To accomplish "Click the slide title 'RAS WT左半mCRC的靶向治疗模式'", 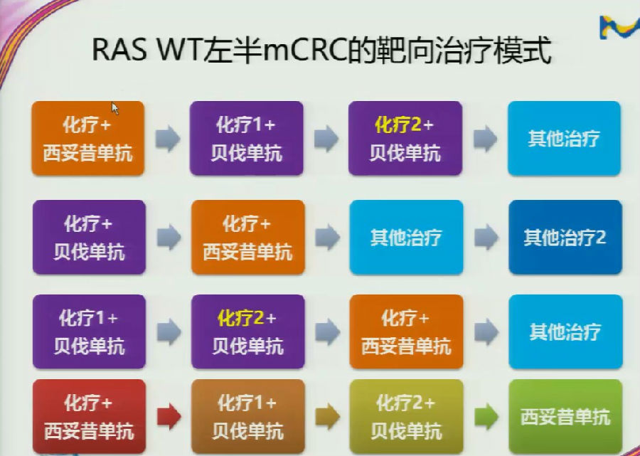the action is pyautogui.click(x=321, y=51).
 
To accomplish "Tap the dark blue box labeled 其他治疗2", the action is pyautogui.click(x=565, y=237).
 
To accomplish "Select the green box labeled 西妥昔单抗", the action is pyautogui.click(x=566, y=416).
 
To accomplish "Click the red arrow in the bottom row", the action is pyautogui.click(x=169, y=416).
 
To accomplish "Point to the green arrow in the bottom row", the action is pyautogui.click(x=486, y=416).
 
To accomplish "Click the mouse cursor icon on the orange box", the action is pyautogui.click(x=115, y=109).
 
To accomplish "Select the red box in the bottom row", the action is pyautogui.click(x=89, y=416).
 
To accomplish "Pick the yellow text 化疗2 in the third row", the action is pyautogui.click(x=240, y=318).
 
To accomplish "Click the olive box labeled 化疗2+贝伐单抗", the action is pyautogui.click(x=406, y=416).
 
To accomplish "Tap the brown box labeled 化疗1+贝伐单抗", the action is pyautogui.click(x=247, y=416).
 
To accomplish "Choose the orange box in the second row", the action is pyautogui.click(x=247, y=237).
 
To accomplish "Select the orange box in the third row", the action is pyautogui.click(x=406, y=332).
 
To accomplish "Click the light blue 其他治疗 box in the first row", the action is pyautogui.click(x=564, y=139).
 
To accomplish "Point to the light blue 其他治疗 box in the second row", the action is pyautogui.click(x=406, y=237).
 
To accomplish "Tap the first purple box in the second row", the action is pyautogui.click(x=89, y=237).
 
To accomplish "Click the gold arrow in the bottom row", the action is pyautogui.click(x=327, y=416).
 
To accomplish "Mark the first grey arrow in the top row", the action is pyautogui.click(x=168, y=139).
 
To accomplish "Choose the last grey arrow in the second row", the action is pyautogui.click(x=486, y=237).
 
